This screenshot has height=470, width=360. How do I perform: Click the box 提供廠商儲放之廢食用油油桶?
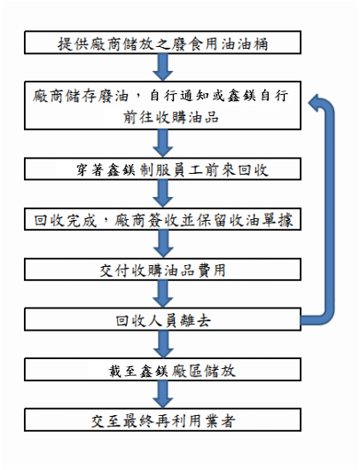162,43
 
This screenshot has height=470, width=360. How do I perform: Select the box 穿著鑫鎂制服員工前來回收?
162,169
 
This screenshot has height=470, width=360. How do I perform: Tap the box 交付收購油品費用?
162,270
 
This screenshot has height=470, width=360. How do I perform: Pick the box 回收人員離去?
162,319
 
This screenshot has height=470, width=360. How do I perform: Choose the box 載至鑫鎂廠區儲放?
162,370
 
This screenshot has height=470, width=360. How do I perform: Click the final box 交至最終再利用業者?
162,419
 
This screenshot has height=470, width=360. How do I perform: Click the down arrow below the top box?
163,67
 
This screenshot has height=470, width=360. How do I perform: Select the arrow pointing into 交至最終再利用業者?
163,395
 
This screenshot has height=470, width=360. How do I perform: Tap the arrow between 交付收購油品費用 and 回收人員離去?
163,294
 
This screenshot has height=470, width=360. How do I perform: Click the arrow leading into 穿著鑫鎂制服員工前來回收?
163,144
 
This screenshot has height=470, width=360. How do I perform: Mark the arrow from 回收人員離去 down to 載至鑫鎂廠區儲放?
163,344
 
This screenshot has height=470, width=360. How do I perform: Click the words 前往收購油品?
171,117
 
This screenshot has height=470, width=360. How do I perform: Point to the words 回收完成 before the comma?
66,220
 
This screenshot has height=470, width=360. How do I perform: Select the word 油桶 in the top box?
253,44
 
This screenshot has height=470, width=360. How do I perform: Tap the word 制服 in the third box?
156,170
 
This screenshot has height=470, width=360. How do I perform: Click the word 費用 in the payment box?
211,270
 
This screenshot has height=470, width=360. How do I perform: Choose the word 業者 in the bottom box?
220,421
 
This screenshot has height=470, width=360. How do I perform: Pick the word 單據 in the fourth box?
278,220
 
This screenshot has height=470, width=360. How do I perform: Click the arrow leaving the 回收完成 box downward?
163,244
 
